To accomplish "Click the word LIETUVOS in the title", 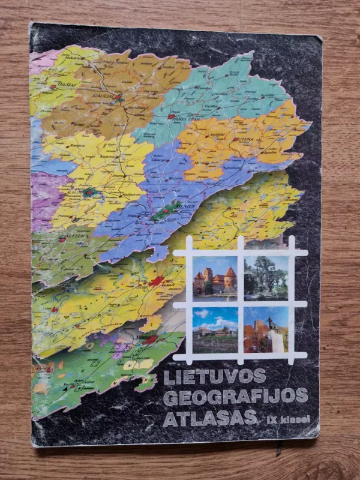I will (214, 376).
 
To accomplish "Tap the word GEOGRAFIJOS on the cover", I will (235, 397).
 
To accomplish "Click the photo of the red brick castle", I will (215, 277).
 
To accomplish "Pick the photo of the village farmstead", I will (215, 329).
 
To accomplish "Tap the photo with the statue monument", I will (266, 329).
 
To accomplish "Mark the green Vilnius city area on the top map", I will (164, 210).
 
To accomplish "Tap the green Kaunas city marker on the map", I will (90, 193).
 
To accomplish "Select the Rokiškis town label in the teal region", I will (267, 95).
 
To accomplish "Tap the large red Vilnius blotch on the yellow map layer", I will (156, 281).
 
